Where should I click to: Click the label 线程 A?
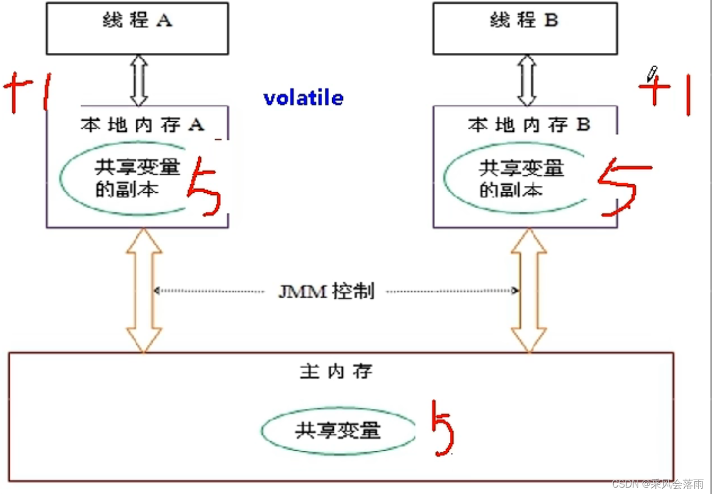coord(138,20)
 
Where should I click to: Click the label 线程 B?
coord(524,20)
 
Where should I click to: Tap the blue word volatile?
coord(303,98)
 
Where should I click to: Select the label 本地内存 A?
coord(143,124)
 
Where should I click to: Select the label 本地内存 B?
coord(529,124)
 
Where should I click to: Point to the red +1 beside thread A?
coord(27,92)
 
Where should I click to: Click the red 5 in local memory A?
coord(204,187)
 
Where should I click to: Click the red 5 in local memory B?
coord(623,187)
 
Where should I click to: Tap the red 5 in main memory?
coord(443,428)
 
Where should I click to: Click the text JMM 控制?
coord(326,291)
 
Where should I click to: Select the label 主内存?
coord(337,371)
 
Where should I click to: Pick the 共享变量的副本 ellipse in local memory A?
coord(60,178)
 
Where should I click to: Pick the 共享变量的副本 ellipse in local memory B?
coord(444,178)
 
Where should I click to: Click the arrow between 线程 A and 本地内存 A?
coord(139,80)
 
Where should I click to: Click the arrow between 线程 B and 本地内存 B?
coord(527,80)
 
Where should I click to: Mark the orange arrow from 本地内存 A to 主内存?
coord(144,290)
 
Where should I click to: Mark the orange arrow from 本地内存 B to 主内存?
coord(529,290)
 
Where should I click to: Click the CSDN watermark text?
coord(658,484)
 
